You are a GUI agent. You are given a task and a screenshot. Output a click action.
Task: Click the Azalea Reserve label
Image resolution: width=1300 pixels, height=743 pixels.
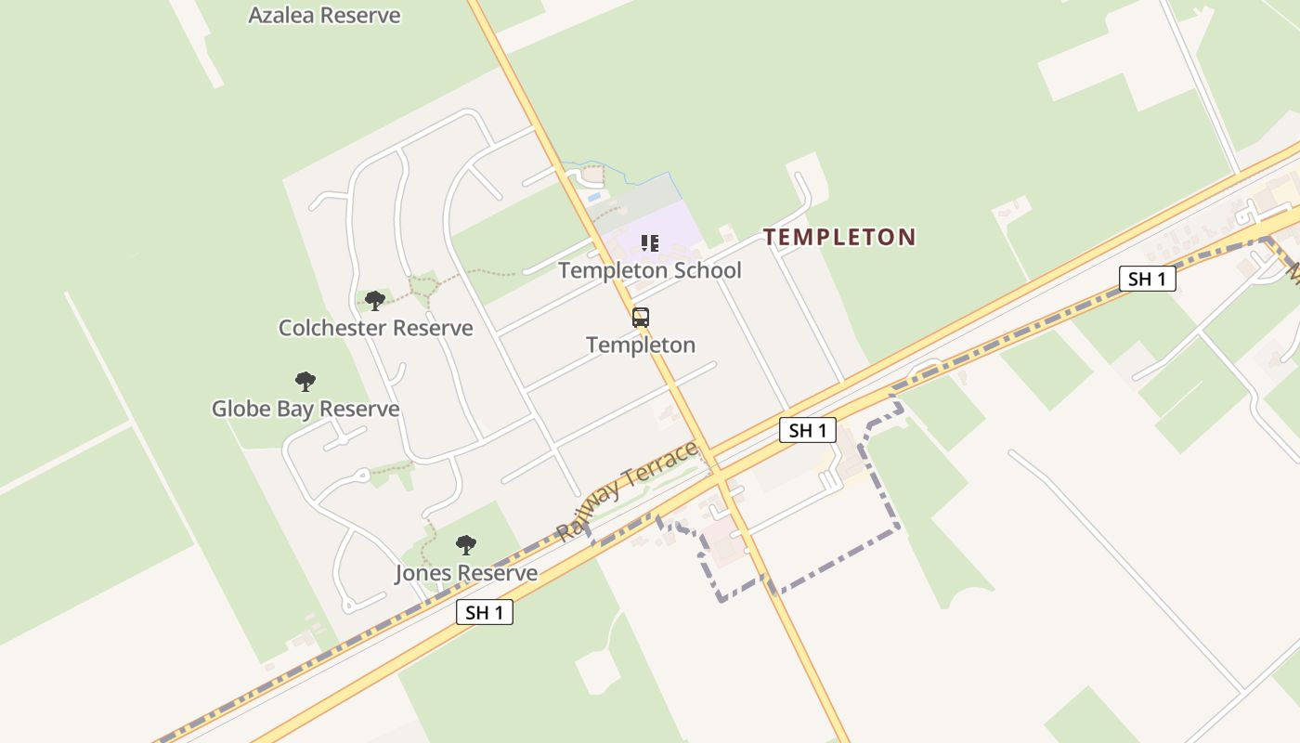click(x=324, y=15)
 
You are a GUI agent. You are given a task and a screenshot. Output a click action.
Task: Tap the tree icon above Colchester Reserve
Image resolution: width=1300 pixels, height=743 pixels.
click(x=375, y=300)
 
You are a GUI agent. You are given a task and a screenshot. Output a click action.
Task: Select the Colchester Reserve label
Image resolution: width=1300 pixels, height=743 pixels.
click(x=375, y=328)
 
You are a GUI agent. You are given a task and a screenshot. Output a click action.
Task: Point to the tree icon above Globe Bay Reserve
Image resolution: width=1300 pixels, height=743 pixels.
click(x=305, y=381)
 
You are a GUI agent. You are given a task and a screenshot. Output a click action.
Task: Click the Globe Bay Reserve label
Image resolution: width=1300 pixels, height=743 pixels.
click(x=305, y=409)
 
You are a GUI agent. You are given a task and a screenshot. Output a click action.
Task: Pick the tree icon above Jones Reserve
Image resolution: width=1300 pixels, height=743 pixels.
click(x=466, y=545)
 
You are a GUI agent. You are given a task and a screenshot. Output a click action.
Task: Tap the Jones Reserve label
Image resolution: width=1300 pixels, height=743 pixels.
click(x=466, y=573)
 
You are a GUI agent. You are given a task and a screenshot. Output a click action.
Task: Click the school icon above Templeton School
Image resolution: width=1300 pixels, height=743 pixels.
click(x=650, y=243)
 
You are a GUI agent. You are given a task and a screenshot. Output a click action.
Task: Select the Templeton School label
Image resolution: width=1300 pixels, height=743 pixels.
click(x=650, y=270)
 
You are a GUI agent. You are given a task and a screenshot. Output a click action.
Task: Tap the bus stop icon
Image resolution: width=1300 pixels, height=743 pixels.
click(x=641, y=318)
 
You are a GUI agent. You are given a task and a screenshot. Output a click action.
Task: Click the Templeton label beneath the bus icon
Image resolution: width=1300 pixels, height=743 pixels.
click(x=641, y=345)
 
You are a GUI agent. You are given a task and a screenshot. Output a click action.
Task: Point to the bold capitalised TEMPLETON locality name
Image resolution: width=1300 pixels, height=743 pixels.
click(x=840, y=237)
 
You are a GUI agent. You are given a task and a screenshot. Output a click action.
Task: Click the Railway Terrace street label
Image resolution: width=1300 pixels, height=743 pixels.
click(x=627, y=492)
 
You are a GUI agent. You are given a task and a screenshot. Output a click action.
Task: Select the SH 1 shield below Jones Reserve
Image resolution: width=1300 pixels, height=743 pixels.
click(x=485, y=612)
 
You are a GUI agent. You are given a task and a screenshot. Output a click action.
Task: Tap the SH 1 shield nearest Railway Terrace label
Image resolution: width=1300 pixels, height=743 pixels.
click(x=807, y=430)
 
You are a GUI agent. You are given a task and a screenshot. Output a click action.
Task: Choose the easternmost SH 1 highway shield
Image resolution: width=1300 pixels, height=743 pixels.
click(x=1147, y=279)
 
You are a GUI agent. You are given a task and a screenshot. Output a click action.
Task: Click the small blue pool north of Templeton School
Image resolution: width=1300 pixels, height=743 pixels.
click(x=594, y=197)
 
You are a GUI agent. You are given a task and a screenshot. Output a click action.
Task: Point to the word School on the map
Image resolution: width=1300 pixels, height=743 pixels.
click(x=710, y=270)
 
